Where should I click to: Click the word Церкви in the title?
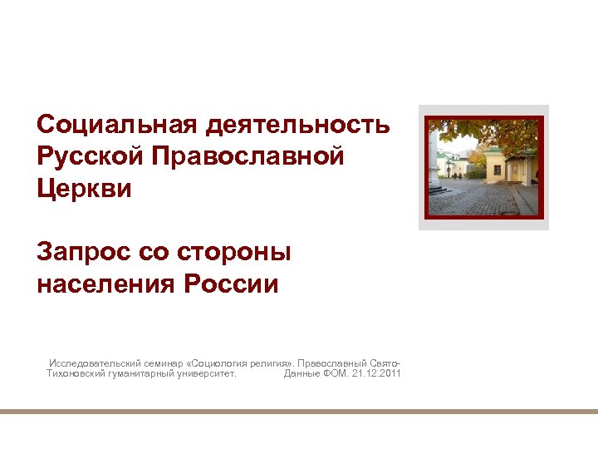84,188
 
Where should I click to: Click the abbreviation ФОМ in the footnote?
333,374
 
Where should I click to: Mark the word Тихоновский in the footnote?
76,374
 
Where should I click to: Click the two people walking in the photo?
458,175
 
